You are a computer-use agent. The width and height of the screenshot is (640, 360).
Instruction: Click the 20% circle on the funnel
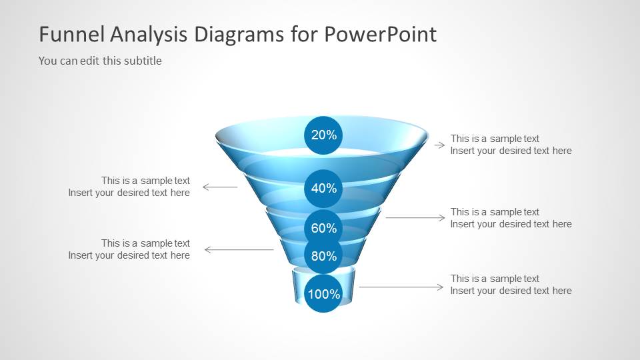click(x=323, y=135)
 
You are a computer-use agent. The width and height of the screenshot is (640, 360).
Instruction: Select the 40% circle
click(x=323, y=188)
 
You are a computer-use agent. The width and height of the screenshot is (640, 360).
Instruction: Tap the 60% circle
click(x=323, y=228)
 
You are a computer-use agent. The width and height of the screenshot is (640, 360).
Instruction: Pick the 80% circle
click(x=323, y=255)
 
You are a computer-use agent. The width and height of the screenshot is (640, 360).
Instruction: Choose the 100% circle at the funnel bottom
click(x=323, y=293)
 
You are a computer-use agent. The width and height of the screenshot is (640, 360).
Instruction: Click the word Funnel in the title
click(x=72, y=34)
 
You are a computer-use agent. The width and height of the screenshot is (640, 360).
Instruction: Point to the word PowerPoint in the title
click(x=381, y=34)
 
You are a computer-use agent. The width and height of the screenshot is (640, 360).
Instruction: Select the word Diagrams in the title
click(x=239, y=35)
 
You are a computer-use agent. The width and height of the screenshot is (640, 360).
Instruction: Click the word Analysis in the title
click(x=148, y=35)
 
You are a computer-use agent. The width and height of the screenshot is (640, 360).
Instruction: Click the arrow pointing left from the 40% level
click(x=220, y=187)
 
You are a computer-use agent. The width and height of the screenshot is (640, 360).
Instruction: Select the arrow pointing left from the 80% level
click(x=239, y=249)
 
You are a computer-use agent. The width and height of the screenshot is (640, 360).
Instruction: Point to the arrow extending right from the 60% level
click(x=415, y=217)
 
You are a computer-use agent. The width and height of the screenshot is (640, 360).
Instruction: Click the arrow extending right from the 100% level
click(x=401, y=287)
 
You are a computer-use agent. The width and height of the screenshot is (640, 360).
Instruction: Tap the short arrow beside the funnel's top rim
click(x=439, y=145)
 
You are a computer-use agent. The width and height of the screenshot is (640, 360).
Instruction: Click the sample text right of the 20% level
click(x=511, y=145)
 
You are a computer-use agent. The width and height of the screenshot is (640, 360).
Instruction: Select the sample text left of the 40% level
click(x=129, y=187)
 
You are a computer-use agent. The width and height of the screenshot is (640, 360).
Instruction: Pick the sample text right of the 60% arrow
click(x=511, y=218)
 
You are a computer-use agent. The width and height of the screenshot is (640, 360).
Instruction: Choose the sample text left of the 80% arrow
click(x=129, y=249)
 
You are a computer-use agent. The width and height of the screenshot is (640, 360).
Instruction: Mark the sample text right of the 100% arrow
click(x=511, y=285)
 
